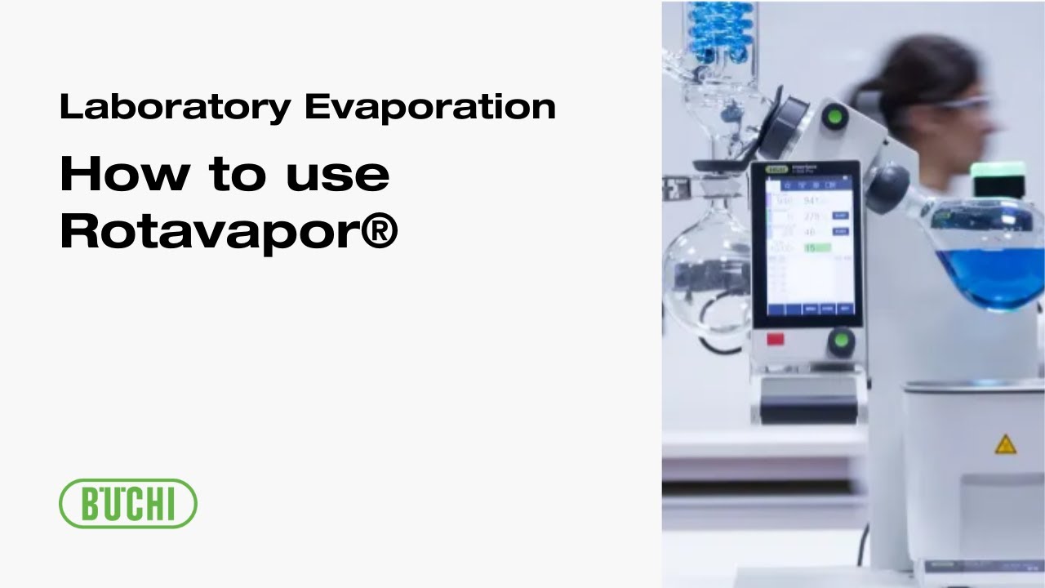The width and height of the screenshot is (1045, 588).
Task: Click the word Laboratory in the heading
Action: coord(173,108)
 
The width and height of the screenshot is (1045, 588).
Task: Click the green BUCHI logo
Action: coord(128,503)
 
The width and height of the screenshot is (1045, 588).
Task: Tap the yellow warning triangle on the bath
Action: coord(1005,444)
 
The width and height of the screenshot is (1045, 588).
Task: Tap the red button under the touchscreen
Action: coord(775,339)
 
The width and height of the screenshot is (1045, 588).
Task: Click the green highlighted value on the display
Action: coord(816,247)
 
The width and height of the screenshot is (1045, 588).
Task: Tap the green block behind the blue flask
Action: coord(998,178)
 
